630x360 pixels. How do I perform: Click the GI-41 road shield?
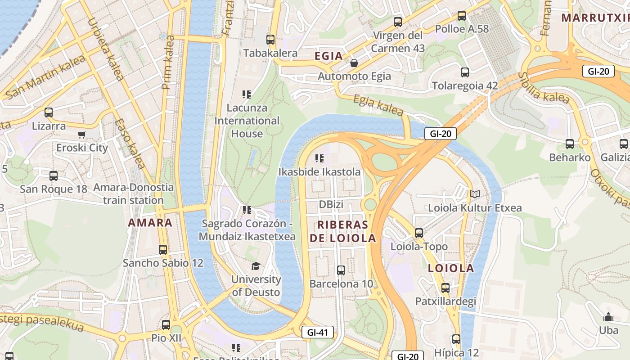318,333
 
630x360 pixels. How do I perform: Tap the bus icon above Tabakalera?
270,40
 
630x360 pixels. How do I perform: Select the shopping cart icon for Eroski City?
82,135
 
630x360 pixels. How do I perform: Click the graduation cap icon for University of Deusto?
256,266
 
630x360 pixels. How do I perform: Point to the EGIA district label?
328,56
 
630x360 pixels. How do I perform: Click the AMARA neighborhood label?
150,222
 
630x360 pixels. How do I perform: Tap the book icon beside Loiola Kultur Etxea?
474,194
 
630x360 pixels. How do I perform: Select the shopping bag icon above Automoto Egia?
354,63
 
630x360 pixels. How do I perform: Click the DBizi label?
331,205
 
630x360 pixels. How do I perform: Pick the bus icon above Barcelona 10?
341,270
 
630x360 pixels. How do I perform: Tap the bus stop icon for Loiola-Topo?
419,233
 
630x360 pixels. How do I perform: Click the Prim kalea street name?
168,62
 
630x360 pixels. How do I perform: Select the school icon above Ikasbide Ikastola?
319,158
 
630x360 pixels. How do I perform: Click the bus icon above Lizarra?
48,112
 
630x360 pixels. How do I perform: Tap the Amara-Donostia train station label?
133,193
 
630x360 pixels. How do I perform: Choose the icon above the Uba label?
608,317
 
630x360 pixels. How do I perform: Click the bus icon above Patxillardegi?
445,288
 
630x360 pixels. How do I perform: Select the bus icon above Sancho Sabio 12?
163,250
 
